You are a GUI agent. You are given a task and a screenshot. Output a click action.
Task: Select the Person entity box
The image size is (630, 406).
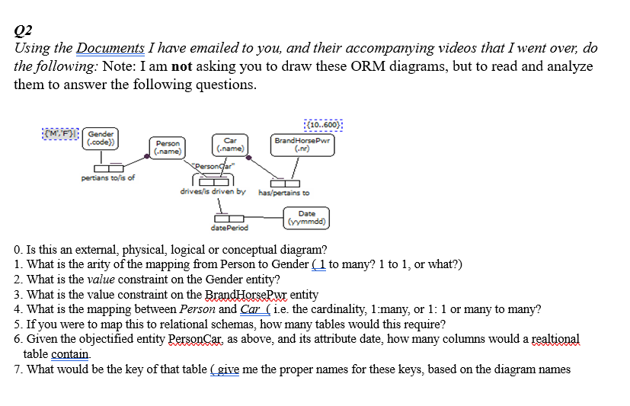(x=169, y=147)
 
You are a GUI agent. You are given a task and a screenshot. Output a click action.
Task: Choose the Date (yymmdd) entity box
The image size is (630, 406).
(x=307, y=218)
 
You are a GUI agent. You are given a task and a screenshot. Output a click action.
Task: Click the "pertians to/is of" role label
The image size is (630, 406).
(x=108, y=177)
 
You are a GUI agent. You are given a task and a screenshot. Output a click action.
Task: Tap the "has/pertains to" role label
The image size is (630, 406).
(x=284, y=193)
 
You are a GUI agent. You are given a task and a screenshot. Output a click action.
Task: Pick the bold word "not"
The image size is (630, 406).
(x=181, y=66)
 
